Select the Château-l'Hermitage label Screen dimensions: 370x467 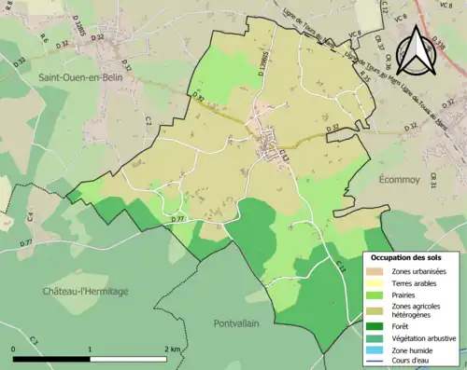85,292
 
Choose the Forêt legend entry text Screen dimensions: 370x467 403,326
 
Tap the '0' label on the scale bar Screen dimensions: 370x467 15,349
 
